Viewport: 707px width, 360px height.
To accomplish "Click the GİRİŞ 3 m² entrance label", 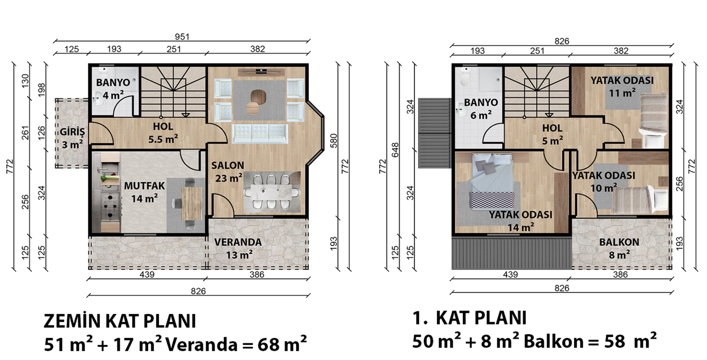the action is pyautogui.click(x=72, y=138).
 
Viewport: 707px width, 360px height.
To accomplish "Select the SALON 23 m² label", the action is pyautogui.click(x=228, y=172).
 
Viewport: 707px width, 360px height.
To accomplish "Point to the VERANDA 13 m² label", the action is pyautogui.click(x=238, y=248).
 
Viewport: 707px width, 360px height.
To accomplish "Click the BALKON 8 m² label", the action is pyautogui.click(x=619, y=248).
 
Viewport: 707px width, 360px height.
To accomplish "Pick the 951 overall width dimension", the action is pyautogui.click(x=182, y=37).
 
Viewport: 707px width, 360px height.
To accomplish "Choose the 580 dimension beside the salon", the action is pyautogui.click(x=334, y=141).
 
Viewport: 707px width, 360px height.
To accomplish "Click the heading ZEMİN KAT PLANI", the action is pyautogui.click(x=119, y=321).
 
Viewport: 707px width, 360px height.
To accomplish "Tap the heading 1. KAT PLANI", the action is pyautogui.click(x=469, y=318).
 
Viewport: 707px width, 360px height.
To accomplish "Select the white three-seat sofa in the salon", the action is pyautogui.click(x=260, y=134).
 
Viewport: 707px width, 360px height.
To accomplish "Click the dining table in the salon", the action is pyautogui.click(x=272, y=192).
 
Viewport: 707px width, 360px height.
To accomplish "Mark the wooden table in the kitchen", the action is pyautogui.click(x=192, y=203).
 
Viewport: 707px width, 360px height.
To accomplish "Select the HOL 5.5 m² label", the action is pyautogui.click(x=163, y=133).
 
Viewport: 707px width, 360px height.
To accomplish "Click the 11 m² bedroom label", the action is pyautogui.click(x=622, y=87).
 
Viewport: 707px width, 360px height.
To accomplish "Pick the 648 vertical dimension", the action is pyautogui.click(x=395, y=150).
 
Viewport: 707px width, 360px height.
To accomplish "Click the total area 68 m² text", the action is pyautogui.click(x=282, y=344).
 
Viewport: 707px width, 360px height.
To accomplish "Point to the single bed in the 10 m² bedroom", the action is pyautogui.click(x=639, y=200).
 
